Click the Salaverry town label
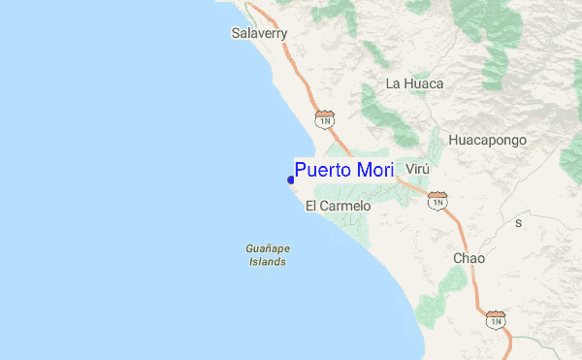point(260,33)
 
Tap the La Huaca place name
point(414,83)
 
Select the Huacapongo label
point(487,140)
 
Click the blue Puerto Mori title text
point(344,171)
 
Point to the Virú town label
point(417,168)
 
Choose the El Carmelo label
point(339,206)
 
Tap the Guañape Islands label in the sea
point(268,254)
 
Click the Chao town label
point(469,258)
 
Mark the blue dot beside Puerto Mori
point(291,179)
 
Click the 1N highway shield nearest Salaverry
point(325,118)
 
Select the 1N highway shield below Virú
point(437,200)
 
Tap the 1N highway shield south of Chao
point(497,319)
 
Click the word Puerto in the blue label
point(324,171)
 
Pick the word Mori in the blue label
point(374,171)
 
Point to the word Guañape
point(268,248)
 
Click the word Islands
point(268,262)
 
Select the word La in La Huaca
point(394,83)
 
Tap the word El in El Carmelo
point(311,206)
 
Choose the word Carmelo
point(346,206)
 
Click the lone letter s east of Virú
point(518,222)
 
